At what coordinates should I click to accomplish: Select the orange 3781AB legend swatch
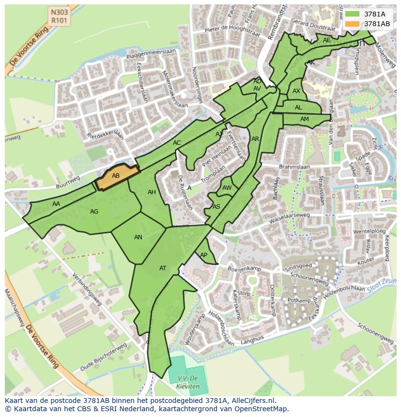point(352,24)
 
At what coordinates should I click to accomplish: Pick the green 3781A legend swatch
point(352,14)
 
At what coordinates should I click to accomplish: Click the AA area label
point(56,204)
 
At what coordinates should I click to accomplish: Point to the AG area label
point(94,212)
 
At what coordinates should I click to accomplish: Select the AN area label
point(138,237)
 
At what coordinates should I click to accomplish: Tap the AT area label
point(163,268)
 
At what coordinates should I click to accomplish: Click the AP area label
point(203,255)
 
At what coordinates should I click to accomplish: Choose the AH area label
point(152,192)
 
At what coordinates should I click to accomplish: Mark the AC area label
point(177,143)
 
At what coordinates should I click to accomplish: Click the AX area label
point(296,91)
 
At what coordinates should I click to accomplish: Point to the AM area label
point(304,119)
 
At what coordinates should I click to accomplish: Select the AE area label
point(326,40)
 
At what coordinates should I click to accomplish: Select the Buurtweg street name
point(68,181)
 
